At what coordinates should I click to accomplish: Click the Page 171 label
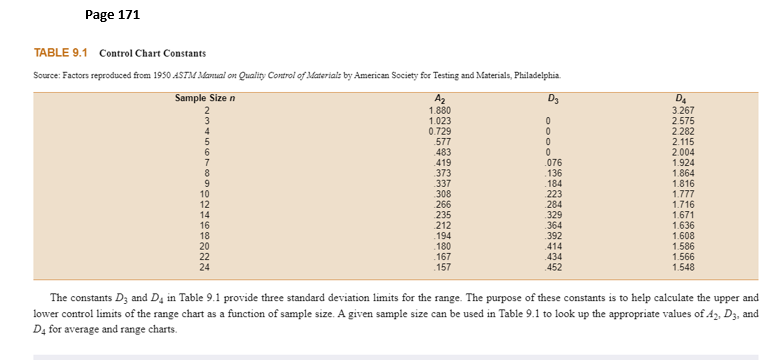112,15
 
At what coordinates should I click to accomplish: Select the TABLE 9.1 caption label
62,52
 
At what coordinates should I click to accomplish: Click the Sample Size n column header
205,97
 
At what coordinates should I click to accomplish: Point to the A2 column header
437,98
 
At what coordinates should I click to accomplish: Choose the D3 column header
553,98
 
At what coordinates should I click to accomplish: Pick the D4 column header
683,98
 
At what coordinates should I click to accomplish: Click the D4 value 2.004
683,153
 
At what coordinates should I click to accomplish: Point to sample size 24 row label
205,267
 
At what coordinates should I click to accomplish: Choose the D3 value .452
553,267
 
